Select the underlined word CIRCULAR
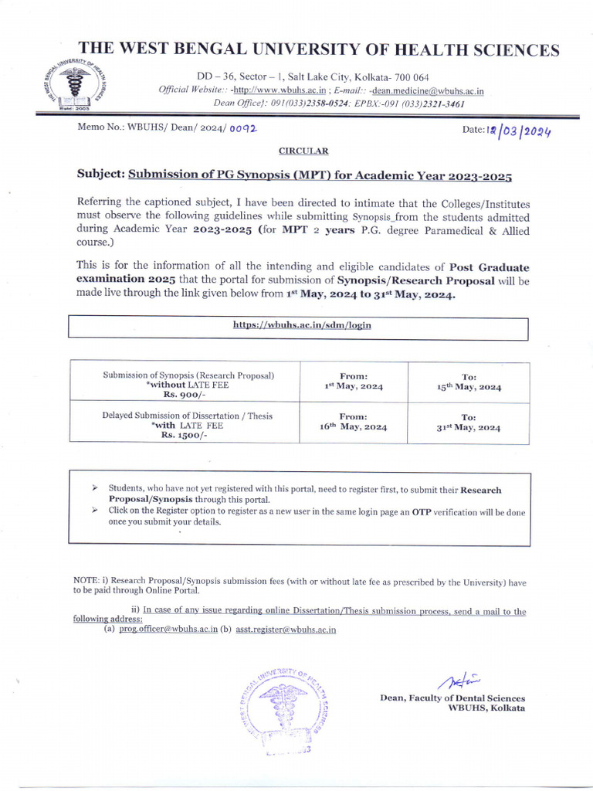pos(303,151)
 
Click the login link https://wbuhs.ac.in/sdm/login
pos(302,325)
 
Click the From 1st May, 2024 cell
pos(353,381)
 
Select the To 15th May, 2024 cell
pos(469,382)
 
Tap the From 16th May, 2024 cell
pos(353,421)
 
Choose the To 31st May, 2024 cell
pos(469,422)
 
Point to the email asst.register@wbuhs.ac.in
pos(285,630)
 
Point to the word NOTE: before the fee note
pos(85,580)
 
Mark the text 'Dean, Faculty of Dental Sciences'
pos(452,698)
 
